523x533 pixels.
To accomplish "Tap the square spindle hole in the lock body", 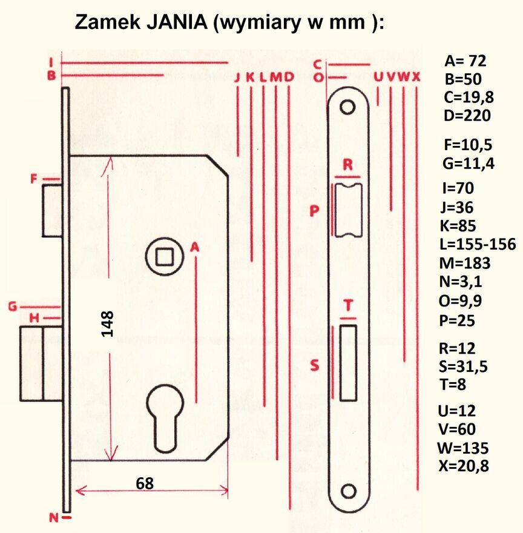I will click(x=163, y=257).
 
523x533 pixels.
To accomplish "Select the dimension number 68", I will click(x=144, y=483).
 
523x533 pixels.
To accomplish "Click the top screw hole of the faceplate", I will click(x=347, y=107).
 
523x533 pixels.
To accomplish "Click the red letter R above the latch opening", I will click(x=347, y=165).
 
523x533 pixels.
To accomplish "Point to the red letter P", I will click(x=314, y=210).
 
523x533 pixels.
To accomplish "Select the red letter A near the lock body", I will click(x=194, y=247).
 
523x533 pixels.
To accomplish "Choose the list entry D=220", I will click(x=467, y=116).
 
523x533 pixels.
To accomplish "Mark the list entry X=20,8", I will click(x=463, y=466).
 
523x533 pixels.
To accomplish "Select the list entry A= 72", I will click(x=465, y=61).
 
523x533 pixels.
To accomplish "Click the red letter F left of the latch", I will click(x=35, y=179).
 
